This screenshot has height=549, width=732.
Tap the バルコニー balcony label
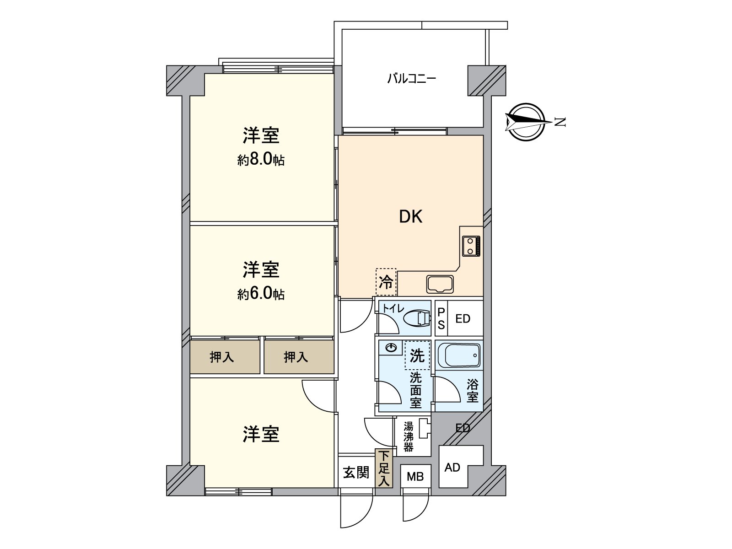(x=411, y=79)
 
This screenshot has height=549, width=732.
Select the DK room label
(x=410, y=216)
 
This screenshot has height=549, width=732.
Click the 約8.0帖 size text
(x=261, y=160)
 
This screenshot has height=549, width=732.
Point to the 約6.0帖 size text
(x=261, y=294)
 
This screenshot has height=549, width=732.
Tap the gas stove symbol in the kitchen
(x=471, y=246)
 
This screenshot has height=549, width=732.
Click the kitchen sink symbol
(x=440, y=284)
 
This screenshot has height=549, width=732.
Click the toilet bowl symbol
(x=417, y=318)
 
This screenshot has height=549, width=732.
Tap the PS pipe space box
(x=441, y=318)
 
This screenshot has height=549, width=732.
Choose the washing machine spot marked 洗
(x=417, y=355)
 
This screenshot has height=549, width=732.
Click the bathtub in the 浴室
(x=459, y=355)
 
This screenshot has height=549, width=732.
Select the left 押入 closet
(x=222, y=357)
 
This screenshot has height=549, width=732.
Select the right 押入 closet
(x=296, y=357)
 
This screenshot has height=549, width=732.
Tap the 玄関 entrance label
(x=356, y=472)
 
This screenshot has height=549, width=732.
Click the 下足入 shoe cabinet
(x=384, y=468)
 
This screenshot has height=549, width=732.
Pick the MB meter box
(x=415, y=477)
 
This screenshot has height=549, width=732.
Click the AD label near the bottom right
(x=452, y=468)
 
